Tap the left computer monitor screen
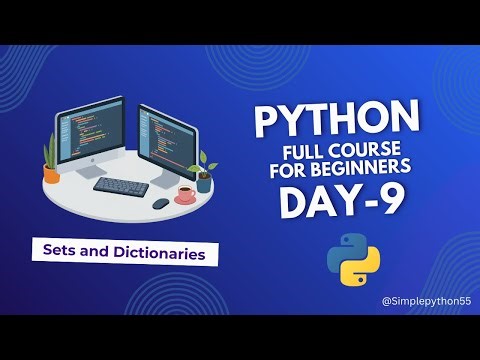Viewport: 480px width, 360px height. [92, 132]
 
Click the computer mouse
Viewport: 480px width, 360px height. [160, 203]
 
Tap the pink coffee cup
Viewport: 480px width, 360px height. [186, 195]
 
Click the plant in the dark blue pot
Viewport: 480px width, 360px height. [204, 172]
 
